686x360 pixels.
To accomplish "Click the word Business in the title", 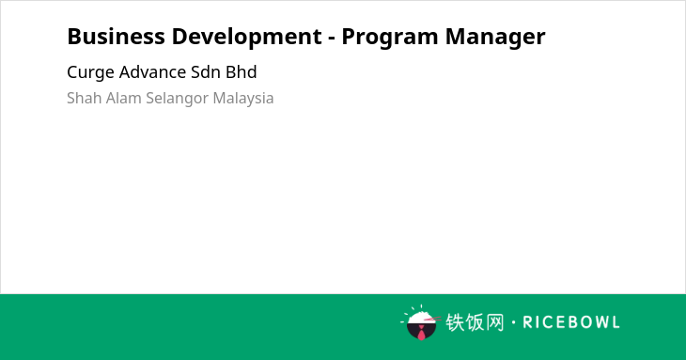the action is pos(116,37).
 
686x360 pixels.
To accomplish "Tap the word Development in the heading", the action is pos(247,38).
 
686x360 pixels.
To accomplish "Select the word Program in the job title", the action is pos(389,38).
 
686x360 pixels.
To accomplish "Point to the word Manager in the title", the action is pos(495,38).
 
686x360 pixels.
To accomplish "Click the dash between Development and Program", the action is pos(332,39).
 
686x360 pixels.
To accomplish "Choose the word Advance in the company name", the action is pos(152,72).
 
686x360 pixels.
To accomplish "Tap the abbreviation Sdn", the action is pos(206,72).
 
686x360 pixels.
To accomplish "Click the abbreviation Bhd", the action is pos(242,72).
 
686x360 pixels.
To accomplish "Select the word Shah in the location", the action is pos(84,98).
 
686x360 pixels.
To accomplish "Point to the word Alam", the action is pos(123,98).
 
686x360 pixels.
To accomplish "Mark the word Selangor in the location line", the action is pos(177,99).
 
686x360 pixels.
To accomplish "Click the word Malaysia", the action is pos(243,99).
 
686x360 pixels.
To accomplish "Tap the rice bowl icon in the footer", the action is pos(421,322).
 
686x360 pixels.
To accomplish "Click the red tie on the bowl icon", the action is pos(421,333).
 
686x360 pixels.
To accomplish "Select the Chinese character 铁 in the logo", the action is pos(455,322).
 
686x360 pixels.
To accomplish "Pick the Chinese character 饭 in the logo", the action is pos(475,322).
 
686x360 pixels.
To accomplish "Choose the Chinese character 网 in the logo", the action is pos(494,322).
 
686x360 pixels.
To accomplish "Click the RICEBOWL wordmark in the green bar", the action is pos(571,322).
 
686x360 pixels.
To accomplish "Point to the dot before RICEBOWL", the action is pos(513,322).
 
